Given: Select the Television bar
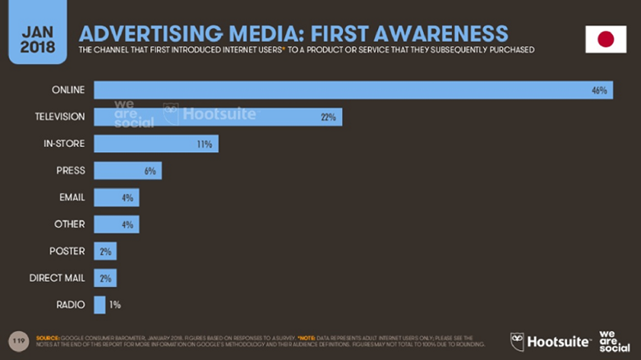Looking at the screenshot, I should click(x=218, y=118).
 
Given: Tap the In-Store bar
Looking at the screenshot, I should click(x=156, y=144).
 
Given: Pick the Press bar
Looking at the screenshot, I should click(x=127, y=171).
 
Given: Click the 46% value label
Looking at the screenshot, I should click(x=599, y=90).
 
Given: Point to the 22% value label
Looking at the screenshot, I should click(x=329, y=118).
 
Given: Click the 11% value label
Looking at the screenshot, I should click(x=205, y=145).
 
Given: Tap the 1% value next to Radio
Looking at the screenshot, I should click(x=115, y=305).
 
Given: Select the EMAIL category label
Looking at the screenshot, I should click(x=71, y=197).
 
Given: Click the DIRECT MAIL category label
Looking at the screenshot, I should click(x=57, y=278).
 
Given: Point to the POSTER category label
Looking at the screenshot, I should click(x=67, y=252).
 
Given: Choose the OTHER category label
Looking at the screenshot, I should click(x=70, y=224).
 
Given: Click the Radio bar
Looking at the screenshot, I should click(x=99, y=305).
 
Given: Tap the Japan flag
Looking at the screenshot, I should click(x=605, y=39).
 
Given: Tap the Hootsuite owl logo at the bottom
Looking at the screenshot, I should click(x=517, y=341).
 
